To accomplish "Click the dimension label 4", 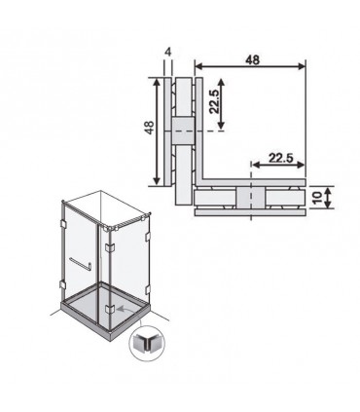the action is (x=167, y=52).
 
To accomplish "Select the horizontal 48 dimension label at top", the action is (x=252, y=59).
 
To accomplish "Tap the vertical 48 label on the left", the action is (x=150, y=128).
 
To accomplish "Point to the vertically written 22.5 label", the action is (x=214, y=101).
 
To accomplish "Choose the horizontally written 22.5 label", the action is (x=281, y=158).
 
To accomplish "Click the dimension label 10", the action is (x=317, y=198).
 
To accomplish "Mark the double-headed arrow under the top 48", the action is (x=250, y=66).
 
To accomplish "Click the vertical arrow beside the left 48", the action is (x=158, y=131).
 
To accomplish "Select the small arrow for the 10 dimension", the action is (x=328, y=198).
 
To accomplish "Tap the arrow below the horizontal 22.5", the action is (x=278, y=165).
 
